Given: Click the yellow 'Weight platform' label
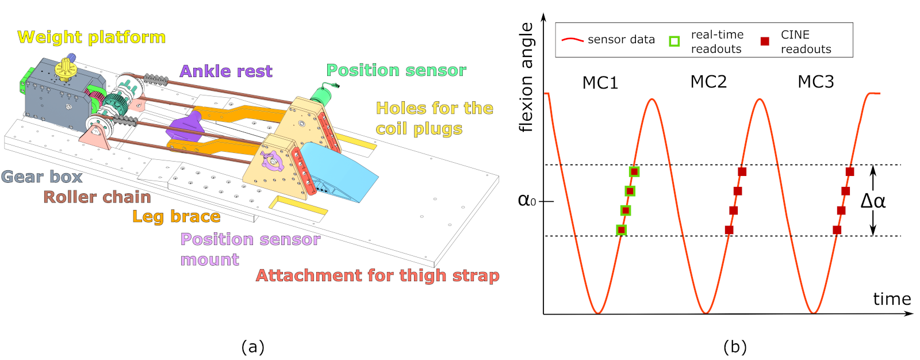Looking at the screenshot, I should (91, 37).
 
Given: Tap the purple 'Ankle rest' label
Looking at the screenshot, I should (226, 71).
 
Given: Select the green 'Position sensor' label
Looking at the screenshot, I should (396, 70).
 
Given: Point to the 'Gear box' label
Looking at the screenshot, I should (41, 177).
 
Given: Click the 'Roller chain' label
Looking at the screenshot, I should (97, 197).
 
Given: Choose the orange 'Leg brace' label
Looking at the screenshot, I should (177, 217).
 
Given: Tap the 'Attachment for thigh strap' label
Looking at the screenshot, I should (377, 276).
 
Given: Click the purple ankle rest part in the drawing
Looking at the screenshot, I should (185, 126).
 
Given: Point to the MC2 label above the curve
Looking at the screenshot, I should (708, 82).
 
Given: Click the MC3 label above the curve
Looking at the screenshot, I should (815, 82).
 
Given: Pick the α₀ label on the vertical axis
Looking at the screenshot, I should (527, 200).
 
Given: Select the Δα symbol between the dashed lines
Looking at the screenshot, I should (873, 201).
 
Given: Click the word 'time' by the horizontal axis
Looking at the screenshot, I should (892, 299).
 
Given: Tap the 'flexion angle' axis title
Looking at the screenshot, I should (526, 78).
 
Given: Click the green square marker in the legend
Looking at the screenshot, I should (674, 41).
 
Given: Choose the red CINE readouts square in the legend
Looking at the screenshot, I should (765, 41).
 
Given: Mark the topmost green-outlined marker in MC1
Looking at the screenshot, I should (634, 171).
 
